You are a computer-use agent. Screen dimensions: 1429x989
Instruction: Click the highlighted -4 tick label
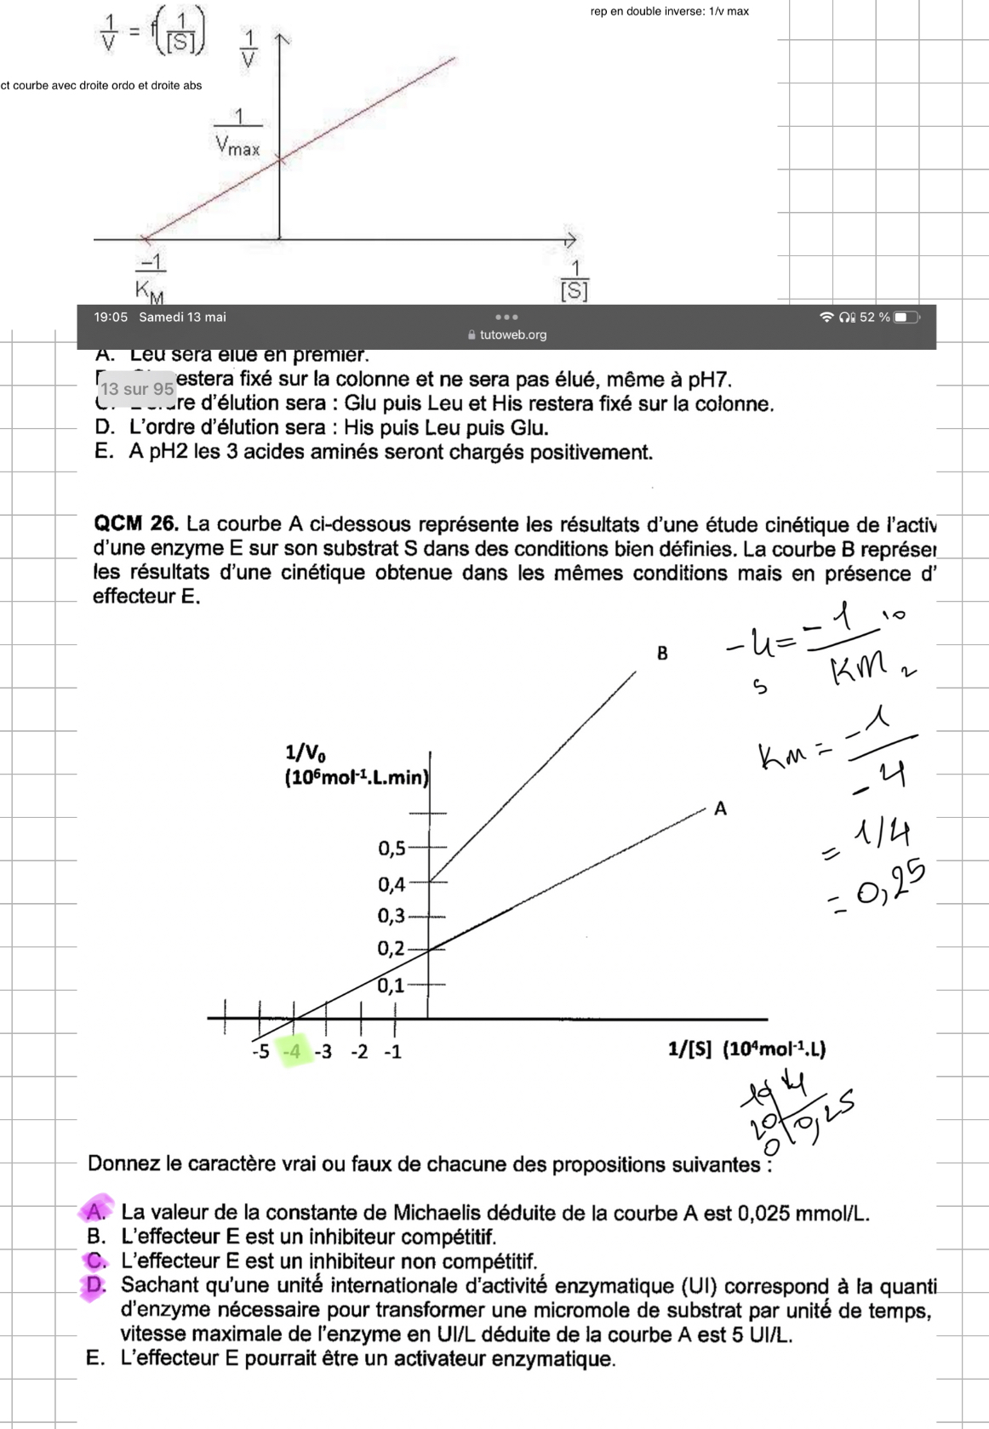pyautogui.click(x=293, y=1052)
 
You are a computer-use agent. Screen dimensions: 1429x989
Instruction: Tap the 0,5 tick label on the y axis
pyautogui.click(x=392, y=848)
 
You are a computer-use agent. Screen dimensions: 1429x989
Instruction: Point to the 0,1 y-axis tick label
pyautogui.click(x=392, y=986)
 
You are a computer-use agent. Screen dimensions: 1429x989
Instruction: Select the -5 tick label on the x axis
pyautogui.click(x=260, y=1052)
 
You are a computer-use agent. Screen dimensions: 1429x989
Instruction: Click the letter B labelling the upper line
pyautogui.click(x=662, y=654)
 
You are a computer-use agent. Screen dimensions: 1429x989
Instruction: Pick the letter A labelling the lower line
pyautogui.click(x=720, y=809)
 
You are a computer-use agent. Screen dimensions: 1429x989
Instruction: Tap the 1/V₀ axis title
pyautogui.click(x=305, y=752)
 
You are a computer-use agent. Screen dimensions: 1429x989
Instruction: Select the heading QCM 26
pyautogui.click(x=135, y=524)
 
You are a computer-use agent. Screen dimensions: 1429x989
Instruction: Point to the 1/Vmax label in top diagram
pyautogui.click(x=237, y=133)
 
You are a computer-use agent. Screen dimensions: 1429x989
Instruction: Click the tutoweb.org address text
pyautogui.click(x=513, y=334)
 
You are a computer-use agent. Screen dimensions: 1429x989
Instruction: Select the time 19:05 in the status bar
pyautogui.click(x=111, y=317)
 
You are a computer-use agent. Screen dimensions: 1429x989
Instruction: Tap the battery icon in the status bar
pyautogui.click(x=906, y=317)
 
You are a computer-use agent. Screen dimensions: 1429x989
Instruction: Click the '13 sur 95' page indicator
pyautogui.click(x=136, y=389)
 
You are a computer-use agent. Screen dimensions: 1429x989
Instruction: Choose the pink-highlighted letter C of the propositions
pyautogui.click(x=96, y=1260)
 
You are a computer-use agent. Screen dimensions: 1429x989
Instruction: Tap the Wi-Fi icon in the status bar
pyautogui.click(x=826, y=317)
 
